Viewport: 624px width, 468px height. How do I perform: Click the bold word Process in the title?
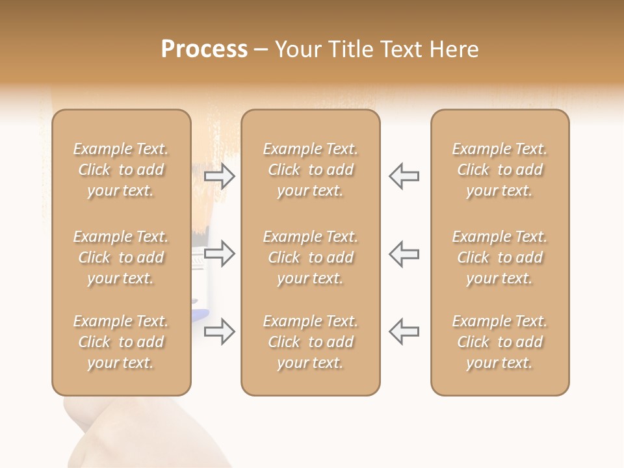(204, 49)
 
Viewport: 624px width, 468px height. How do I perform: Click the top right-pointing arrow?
(220, 176)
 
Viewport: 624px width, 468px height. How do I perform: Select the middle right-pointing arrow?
(220, 253)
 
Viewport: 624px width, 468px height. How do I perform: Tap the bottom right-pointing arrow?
(220, 331)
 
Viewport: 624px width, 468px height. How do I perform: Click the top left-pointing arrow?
(404, 176)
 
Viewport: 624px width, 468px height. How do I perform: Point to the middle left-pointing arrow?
(404, 253)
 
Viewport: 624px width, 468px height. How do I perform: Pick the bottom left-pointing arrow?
(404, 331)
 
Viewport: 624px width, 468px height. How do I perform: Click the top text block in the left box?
(121, 170)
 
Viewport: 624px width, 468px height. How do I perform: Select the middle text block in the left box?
(121, 257)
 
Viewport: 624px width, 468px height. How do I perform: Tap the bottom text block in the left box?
(121, 342)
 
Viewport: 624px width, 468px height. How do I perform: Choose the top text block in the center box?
(311, 170)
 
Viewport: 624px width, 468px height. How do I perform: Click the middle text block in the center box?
(311, 257)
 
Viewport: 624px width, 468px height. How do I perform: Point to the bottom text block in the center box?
(311, 342)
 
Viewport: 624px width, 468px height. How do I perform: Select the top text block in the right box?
(500, 170)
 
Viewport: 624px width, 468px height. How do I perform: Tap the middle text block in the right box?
(500, 257)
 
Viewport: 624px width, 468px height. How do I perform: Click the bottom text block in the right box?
(500, 342)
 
